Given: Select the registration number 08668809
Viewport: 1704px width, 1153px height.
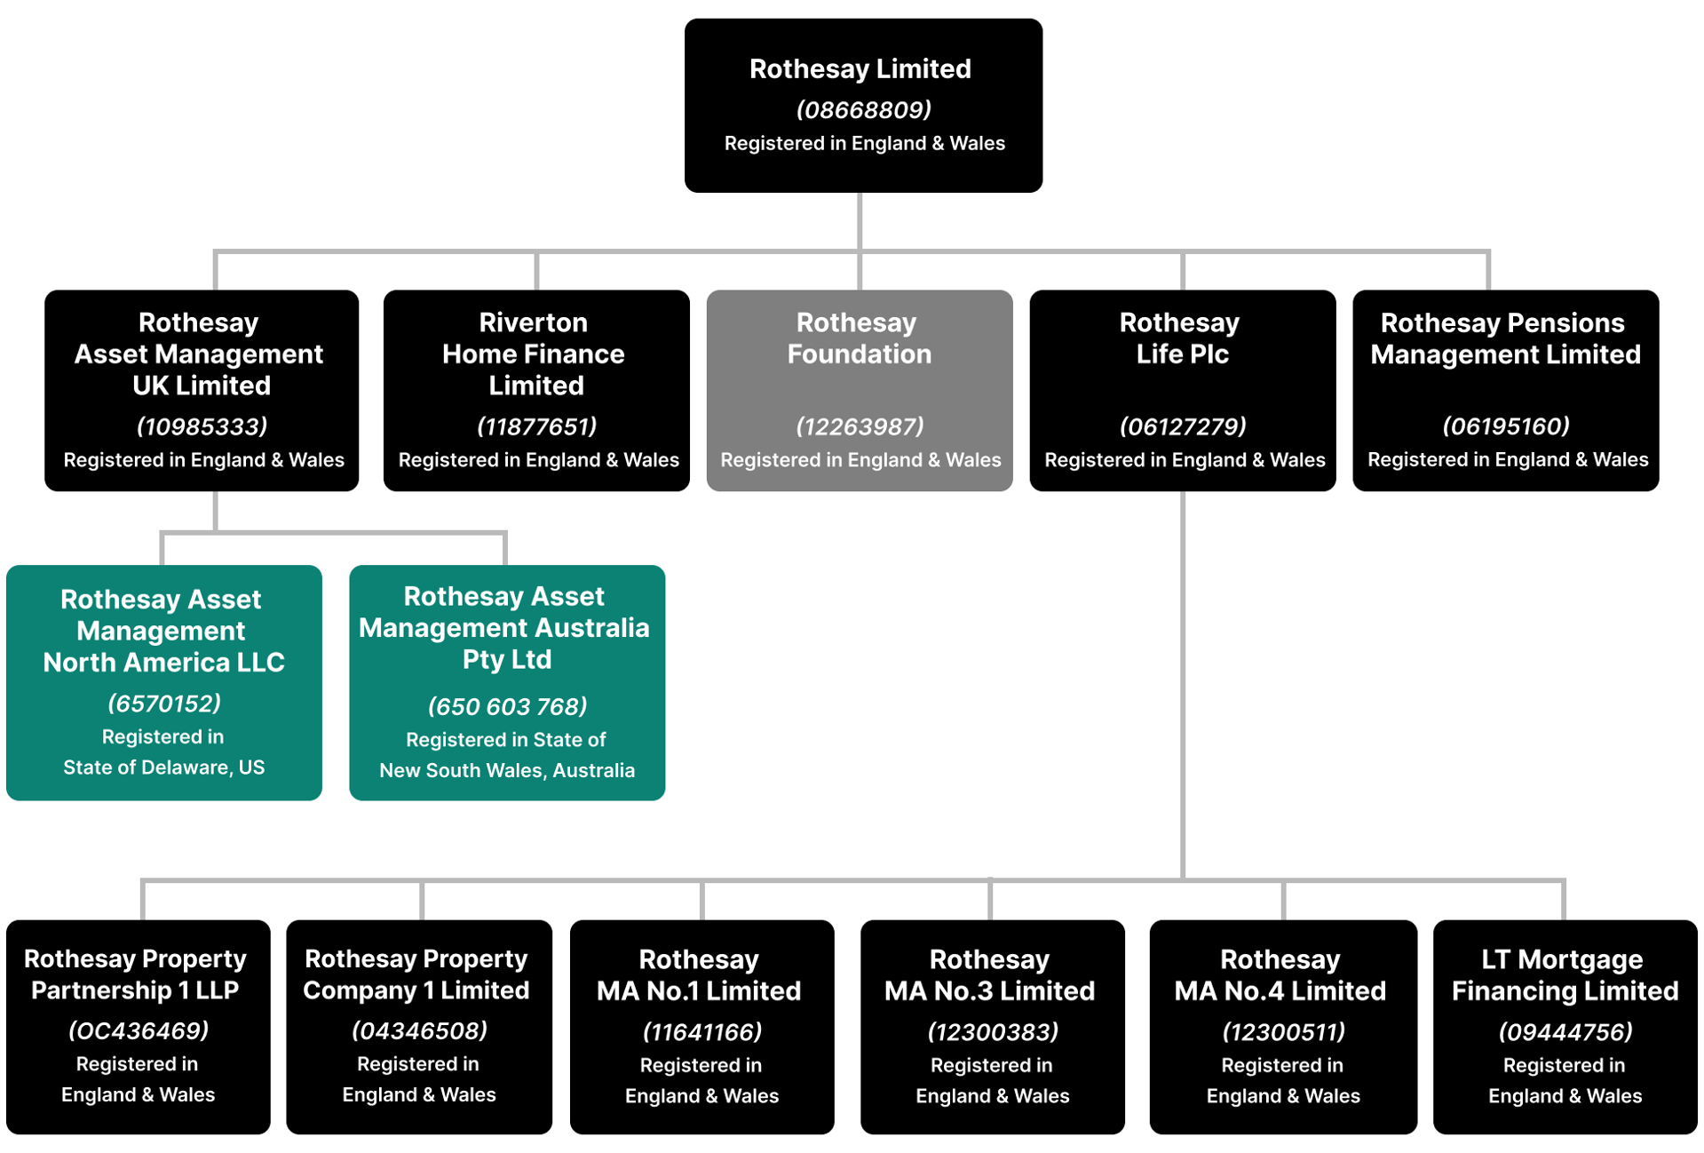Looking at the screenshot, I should (x=863, y=110).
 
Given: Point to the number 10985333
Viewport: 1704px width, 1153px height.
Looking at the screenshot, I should (x=202, y=427).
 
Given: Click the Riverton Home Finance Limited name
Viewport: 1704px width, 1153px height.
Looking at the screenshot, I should (x=535, y=354).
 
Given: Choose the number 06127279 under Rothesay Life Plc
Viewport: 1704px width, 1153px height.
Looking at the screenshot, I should (x=1182, y=427).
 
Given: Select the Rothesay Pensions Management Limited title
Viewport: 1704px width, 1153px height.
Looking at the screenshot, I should (x=1504, y=338).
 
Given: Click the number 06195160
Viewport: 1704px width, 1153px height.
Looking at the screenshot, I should (x=1505, y=427).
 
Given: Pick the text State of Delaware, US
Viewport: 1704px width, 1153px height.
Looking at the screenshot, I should (x=163, y=767).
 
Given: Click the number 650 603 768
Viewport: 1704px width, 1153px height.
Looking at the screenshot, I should (x=506, y=707).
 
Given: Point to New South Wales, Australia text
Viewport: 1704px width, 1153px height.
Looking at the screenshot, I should (x=506, y=771).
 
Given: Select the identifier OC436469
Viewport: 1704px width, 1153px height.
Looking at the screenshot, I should (x=138, y=1031).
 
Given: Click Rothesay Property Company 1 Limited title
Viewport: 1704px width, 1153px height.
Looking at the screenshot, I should (x=416, y=974).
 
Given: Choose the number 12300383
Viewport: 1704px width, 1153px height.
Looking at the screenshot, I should (x=992, y=1032).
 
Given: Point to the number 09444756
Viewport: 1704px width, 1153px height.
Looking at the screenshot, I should (x=1565, y=1032).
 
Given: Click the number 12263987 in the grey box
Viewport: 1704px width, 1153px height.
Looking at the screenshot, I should (x=859, y=427).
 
